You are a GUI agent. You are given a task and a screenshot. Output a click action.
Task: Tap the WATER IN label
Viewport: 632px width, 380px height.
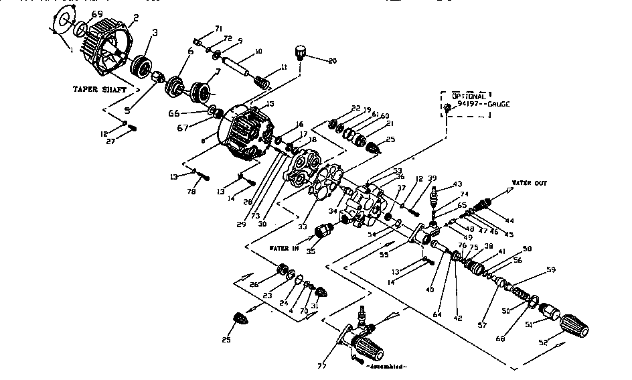pyautogui.click(x=283, y=247)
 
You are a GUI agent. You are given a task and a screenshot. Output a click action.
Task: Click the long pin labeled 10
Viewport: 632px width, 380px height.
pyautogui.click(x=238, y=68)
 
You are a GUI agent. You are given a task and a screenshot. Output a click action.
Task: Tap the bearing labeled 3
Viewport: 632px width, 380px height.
pyautogui.click(x=141, y=67)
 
